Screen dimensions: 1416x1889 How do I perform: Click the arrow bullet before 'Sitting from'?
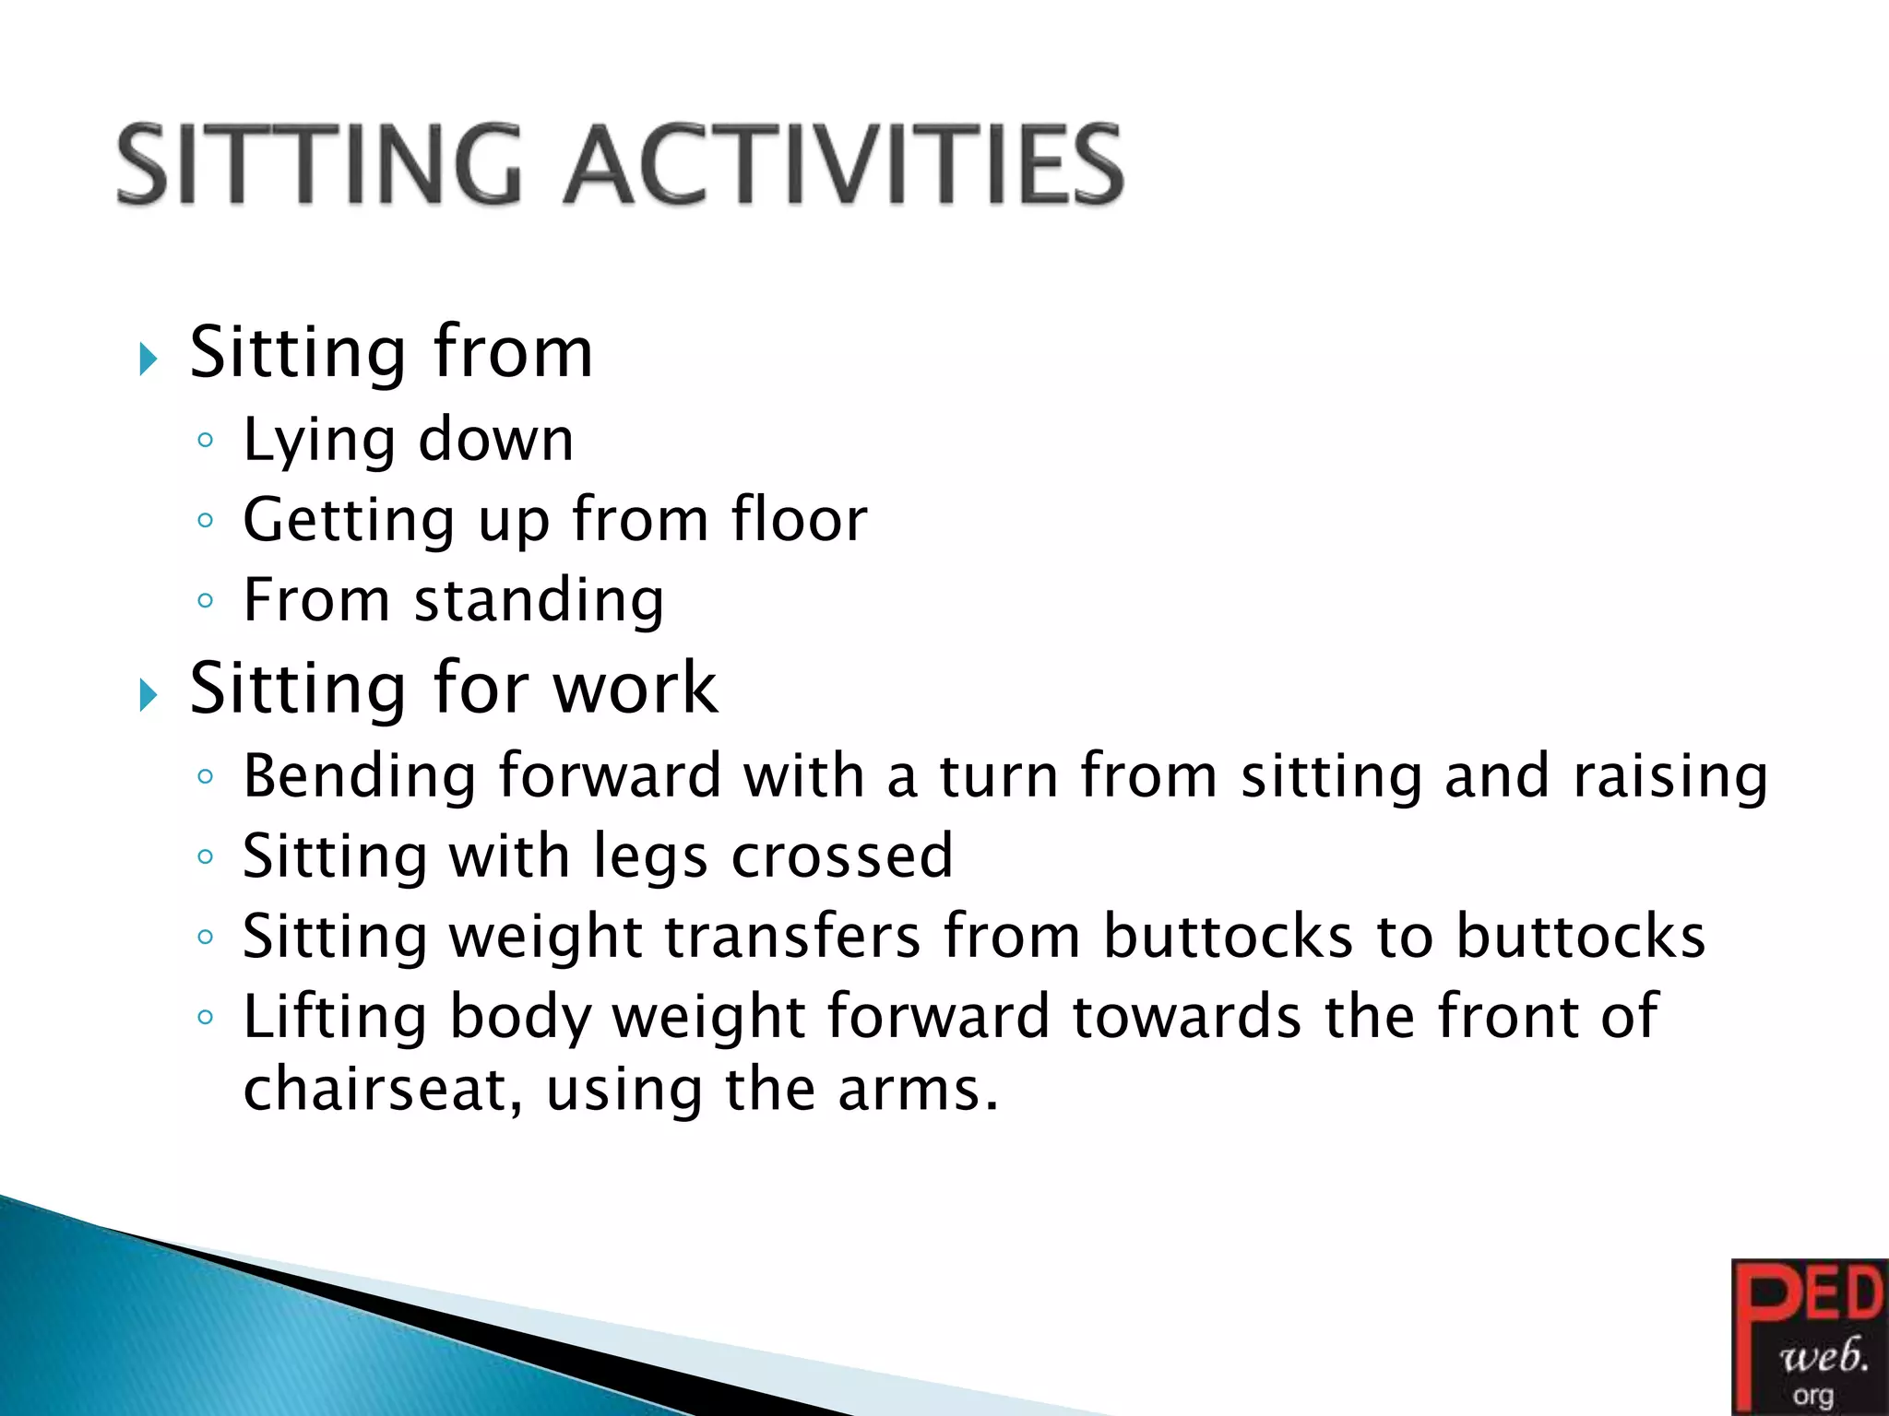[x=149, y=359]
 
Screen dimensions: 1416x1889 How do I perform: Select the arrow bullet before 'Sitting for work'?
[x=149, y=694]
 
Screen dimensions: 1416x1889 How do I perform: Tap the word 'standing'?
[x=540, y=602]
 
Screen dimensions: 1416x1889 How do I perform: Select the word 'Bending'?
[x=360, y=777]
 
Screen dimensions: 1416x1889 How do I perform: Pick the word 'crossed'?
[x=842, y=856]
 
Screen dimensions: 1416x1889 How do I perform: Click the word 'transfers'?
[x=792, y=937]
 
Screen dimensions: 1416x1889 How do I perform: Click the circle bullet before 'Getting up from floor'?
[x=206, y=521]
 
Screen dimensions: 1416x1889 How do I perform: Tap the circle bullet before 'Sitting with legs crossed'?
[x=206, y=857]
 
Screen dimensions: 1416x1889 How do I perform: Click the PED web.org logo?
[x=1809, y=1337]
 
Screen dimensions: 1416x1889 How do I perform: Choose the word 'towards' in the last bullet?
[x=1187, y=1017]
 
